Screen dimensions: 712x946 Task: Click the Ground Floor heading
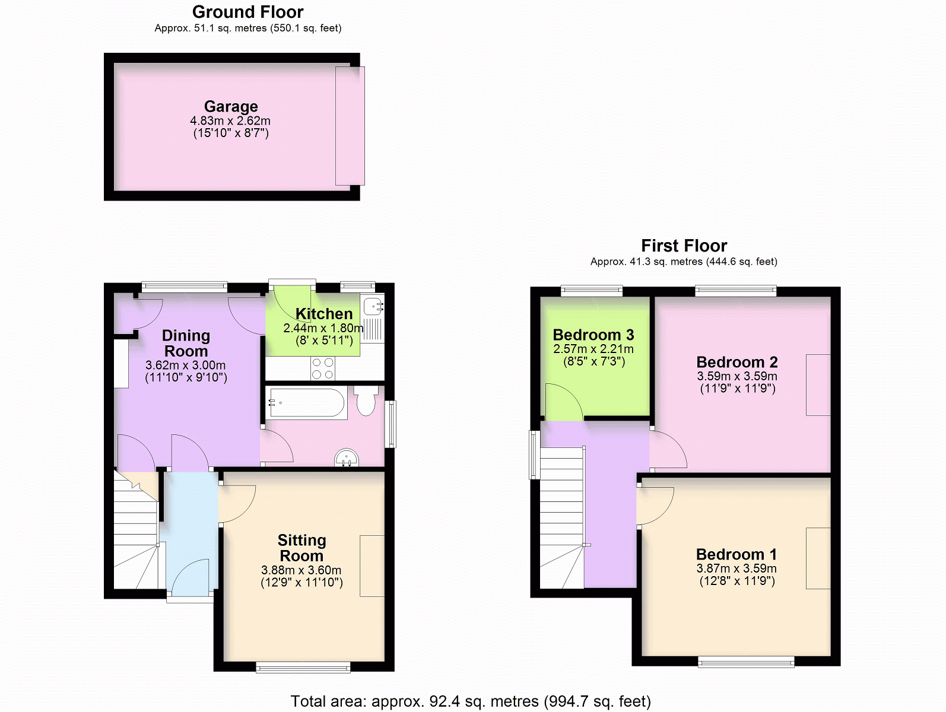click(x=247, y=12)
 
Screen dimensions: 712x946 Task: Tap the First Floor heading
click(x=684, y=246)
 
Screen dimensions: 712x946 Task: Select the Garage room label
click(x=231, y=106)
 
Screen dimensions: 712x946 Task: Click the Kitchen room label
click(x=324, y=314)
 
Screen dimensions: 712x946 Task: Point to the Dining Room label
click(x=186, y=344)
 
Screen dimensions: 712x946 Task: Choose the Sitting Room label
click(x=301, y=548)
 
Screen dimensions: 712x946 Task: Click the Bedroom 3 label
click(x=593, y=335)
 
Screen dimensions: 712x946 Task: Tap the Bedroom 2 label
click(x=737, y=363)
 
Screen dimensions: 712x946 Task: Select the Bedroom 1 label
click(x=736, y=555)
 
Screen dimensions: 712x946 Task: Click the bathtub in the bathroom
click(x=306, y=403)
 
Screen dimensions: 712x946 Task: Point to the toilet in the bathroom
click(x=366, y=401)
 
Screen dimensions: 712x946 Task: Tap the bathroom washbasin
click(x=347, y=458)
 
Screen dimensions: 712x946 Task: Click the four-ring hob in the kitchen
click(x=323, y=368)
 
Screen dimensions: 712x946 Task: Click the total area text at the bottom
click(x=470, y=701)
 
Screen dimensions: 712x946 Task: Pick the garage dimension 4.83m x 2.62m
click(x=230, y=121)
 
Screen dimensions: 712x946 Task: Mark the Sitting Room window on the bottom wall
click(x=303, y=667)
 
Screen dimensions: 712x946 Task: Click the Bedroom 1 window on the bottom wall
click(x=746, y=662)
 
